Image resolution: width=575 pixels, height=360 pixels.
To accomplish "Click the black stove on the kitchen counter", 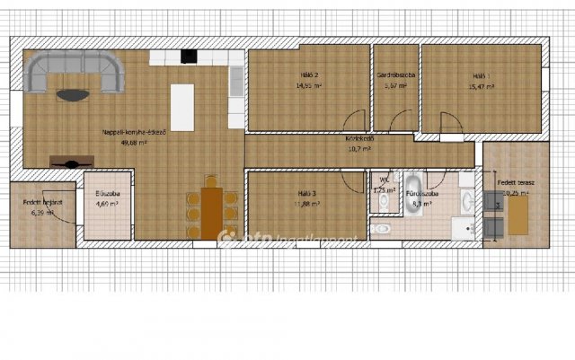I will pyautogui.click(x=189, y=57).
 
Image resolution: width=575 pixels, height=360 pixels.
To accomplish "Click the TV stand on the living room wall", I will pyautogui.click(x=70, y=162).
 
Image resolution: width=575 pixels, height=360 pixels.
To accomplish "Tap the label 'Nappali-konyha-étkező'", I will pyautogui.click(x=135, y=132).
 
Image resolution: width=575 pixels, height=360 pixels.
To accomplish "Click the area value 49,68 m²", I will pyautogui.click(x=134, y=141).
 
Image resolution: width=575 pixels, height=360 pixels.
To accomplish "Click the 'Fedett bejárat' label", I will pyautogui.click(x=42, y=204).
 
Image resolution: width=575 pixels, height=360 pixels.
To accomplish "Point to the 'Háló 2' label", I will pyautogui.click(x=309, y=76).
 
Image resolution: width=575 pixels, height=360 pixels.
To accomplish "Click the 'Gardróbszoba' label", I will pyautogui.click(x=395, y=76).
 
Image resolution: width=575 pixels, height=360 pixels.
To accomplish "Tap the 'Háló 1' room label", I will pyautogui.click(x=482, y=76).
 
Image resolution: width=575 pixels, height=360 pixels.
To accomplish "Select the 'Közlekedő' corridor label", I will pyautogui.click(x=359, y=139).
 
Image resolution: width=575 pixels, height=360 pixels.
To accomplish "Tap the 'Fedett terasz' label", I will pyautogui.click(x=515, y=182).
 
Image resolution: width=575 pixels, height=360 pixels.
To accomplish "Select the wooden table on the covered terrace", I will pyautogui.click(x=518, y=215).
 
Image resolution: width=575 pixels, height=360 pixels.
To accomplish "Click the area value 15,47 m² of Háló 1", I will pyautogui.click(x=482, y=86).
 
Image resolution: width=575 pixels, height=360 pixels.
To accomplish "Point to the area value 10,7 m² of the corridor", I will pyautogui.click(x=359, y=148).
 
